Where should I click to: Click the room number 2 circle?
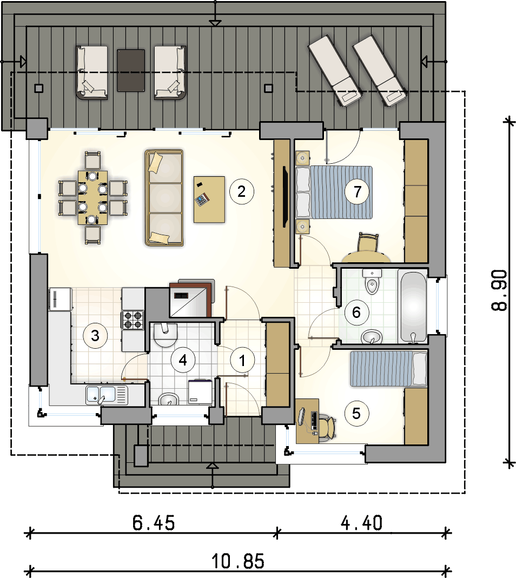(x=242, y=192)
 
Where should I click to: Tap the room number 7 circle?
(x=357, y=192)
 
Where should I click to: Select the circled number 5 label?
(x=356, y=413)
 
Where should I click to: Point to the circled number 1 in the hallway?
(x=242, y=360)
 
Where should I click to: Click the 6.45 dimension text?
(x=154, y=523)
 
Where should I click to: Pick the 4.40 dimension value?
(x=362, y=523)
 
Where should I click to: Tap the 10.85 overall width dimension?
(x=239, y=561)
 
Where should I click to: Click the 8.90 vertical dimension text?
(x=500, y=290)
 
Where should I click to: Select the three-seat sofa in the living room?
(x=164, y=197)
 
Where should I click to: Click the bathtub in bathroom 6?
(x=413, y=308)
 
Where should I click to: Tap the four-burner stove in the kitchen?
(x=133, y=320)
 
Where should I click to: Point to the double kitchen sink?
(x=107, y=395)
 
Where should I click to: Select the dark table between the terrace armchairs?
(x=131, y=70)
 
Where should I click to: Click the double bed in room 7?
(x=334, y=192)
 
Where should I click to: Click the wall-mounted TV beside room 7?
(x=285, y=196)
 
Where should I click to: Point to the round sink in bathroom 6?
(x=372, y=337)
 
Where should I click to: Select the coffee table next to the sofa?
(x=209, y=200)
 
